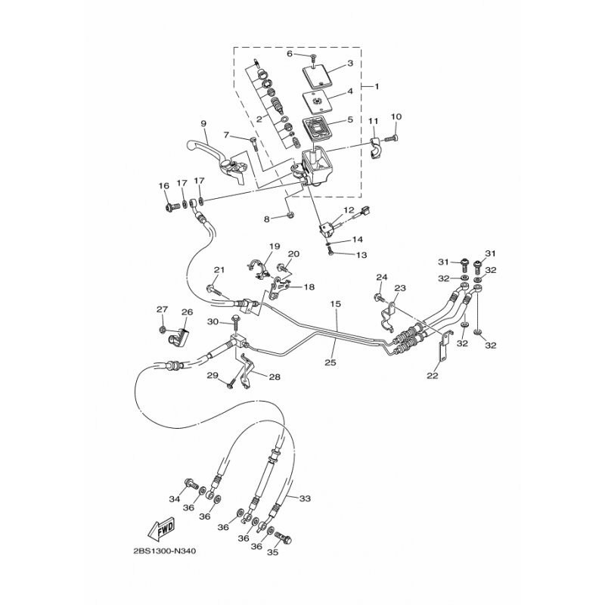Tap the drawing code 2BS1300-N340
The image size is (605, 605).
tap(164, 551)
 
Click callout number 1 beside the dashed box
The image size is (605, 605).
tap(377, 86)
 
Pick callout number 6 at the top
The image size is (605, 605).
tap(290, 54)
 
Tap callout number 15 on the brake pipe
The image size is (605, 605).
tap(336, 304)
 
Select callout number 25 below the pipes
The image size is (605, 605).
tap(330, 363)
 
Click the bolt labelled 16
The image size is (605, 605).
tap(173, 209)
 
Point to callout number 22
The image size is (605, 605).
tap(433, 375)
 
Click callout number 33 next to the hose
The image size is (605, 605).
tap(305, 498)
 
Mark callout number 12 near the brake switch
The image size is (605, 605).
tap(349, 210)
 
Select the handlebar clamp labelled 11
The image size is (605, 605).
tap(376, 148)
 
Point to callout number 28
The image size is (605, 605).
tap(275, 377)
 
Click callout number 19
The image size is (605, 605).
tap(275, 247)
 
